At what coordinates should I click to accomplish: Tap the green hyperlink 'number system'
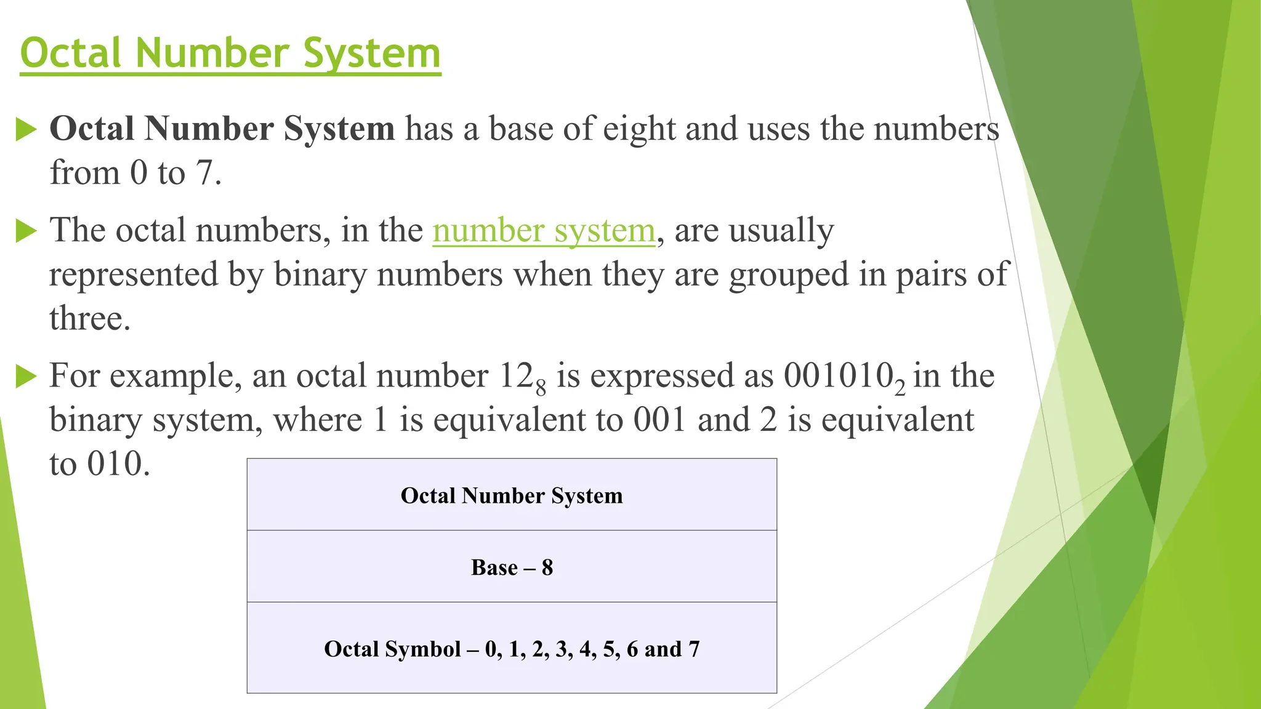point(544,231)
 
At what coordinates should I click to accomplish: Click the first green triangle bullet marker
point(26,129)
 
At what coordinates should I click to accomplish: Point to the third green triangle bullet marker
point(26,376)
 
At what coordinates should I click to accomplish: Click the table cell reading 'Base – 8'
point(512,567)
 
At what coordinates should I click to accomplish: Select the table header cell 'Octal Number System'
point(512,495)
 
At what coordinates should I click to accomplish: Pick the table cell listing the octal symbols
point(512,649)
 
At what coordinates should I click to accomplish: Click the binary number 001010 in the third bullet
point(838,375)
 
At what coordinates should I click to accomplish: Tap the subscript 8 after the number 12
point(541,388)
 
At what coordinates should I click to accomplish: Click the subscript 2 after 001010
point(900,388)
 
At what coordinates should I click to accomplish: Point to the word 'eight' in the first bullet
point(639,129)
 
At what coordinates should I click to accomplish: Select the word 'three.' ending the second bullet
point(90,319)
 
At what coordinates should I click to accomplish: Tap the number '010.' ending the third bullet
point(118,463)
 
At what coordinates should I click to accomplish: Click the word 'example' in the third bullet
point(175,376)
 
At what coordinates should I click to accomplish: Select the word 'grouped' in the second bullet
point(789,274)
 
